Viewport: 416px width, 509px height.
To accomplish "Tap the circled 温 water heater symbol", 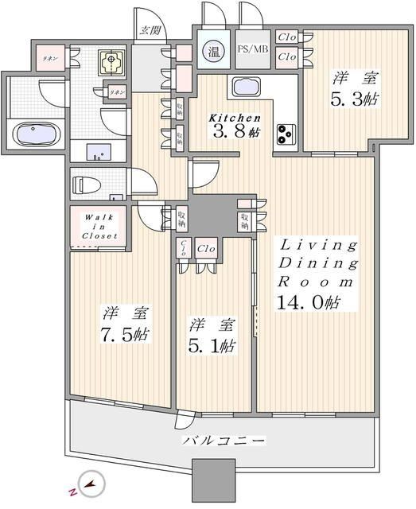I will click(x=215, y=52).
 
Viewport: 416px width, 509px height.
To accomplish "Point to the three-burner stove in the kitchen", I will click(x=286, y=134).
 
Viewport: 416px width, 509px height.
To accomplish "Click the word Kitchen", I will click(x=235, y=118).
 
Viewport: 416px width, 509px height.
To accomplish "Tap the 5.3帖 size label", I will click(x=354, y=100).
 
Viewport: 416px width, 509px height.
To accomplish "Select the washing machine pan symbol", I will click(x=110, y=60).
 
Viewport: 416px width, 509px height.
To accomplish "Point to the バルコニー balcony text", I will click(x=224, y=441).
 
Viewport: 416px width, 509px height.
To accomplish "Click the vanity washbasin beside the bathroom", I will click(x=100, y=151).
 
